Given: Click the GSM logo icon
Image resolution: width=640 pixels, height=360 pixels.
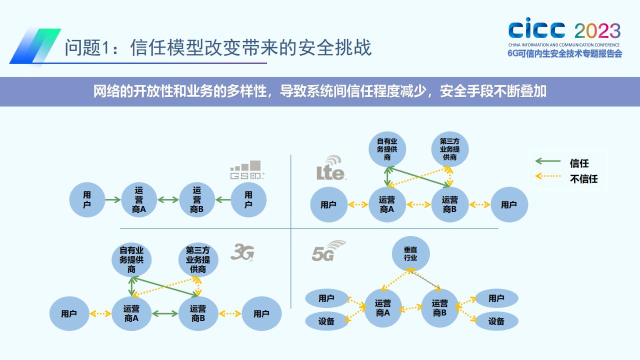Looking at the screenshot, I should tap(246, 170).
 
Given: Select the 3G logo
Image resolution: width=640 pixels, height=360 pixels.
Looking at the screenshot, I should tap(242, 252).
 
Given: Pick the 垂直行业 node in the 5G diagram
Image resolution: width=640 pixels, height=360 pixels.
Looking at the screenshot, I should tap(410, 253).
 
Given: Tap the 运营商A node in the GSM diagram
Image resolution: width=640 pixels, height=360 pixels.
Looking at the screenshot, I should tap(139, 200).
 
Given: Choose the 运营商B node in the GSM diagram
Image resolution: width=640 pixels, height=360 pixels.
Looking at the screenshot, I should tap(196, 200).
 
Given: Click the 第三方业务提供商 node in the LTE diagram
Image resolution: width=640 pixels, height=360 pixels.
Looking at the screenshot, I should tap(449, 149).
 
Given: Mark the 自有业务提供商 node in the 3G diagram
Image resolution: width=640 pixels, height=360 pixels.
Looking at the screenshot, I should tap(131, 259).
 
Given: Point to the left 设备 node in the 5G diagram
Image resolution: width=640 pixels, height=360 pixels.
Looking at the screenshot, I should tap(326, 321).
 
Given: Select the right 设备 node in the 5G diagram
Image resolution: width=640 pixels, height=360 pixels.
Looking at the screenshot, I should tap(496, 321).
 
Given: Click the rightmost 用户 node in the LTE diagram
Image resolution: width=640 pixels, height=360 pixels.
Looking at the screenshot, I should tap(509, 204).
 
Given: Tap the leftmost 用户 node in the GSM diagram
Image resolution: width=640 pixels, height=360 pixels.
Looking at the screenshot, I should tap(87, 200).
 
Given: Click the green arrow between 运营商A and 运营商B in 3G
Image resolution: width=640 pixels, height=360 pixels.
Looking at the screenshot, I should tap(165, 313).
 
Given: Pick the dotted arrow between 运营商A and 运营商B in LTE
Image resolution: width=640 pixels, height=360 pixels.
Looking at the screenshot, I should tap(419, 204).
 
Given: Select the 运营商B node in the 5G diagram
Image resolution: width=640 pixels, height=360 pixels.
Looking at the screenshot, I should tap(440, 308).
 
